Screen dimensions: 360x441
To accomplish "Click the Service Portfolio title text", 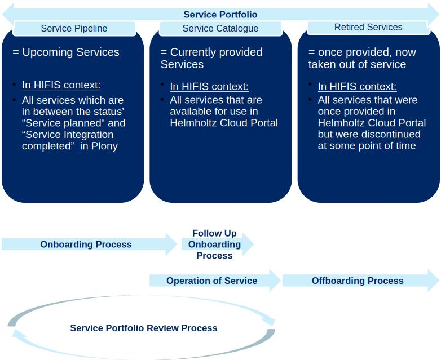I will [220, 15].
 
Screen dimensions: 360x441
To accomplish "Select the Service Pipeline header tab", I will [74, 28].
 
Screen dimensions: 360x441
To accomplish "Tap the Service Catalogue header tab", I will [220, 28].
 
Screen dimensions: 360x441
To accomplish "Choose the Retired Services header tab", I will [368, 27].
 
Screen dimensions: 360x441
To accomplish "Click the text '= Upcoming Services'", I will [66, 52].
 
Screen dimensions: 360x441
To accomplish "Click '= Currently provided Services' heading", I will [211, 58].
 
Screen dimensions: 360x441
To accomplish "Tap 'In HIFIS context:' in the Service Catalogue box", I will [209, 87].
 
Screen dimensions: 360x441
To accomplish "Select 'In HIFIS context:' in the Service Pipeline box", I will [61, 86].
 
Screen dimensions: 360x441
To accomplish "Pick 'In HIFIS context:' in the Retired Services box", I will [357, 87].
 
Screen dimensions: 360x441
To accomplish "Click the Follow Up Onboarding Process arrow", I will [215, 245].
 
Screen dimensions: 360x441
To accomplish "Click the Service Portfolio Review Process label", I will [143, 328].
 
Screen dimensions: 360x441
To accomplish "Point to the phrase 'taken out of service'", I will [357, 65].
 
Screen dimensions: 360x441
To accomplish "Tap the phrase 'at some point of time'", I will [367, 146].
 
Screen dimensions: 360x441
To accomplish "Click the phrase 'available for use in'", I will [214, 112].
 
